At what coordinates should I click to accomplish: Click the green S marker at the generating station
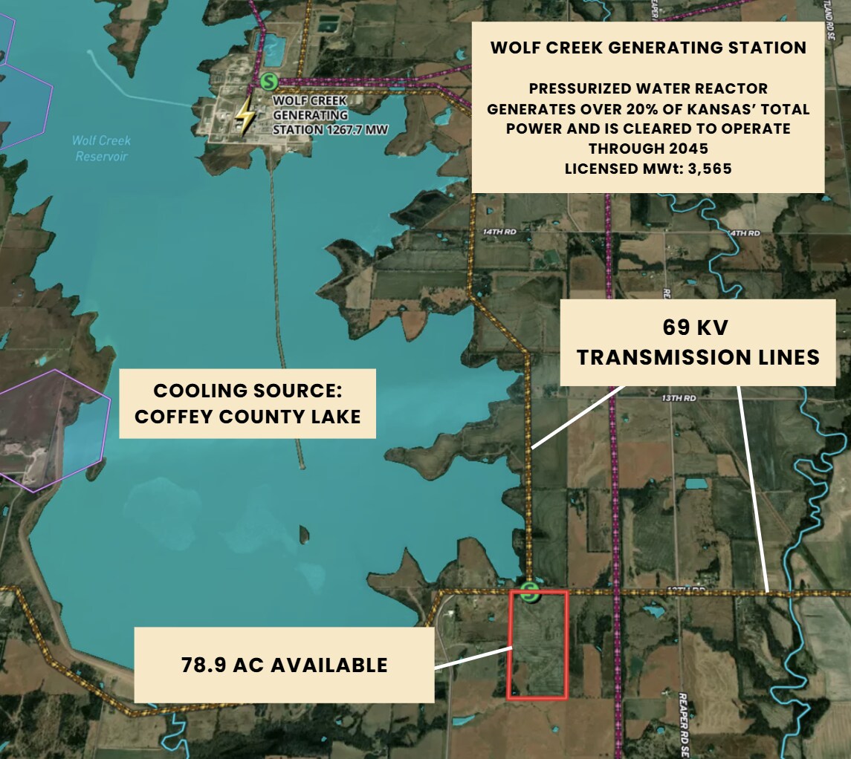(x=269, y=81)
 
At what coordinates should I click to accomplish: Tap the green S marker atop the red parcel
(x=529, y=592)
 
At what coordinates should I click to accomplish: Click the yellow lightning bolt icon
(x=244, y=117)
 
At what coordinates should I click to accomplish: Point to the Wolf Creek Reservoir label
(x=102, y=148)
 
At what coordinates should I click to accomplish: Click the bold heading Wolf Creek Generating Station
(x=648, y=48)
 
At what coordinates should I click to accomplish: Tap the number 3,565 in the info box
(x=707, y=169)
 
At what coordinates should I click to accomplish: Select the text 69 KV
(x=698, y=328)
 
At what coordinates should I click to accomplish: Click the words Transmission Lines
(x=698, y=357)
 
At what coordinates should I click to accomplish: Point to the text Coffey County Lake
(x=247, y=416)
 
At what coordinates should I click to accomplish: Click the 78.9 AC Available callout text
(x=284, y=665)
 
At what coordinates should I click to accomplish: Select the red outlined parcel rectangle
(x=537, y=654)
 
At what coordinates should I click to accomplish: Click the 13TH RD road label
(x=678, y=399)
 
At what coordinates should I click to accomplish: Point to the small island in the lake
(x=303, y=534)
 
